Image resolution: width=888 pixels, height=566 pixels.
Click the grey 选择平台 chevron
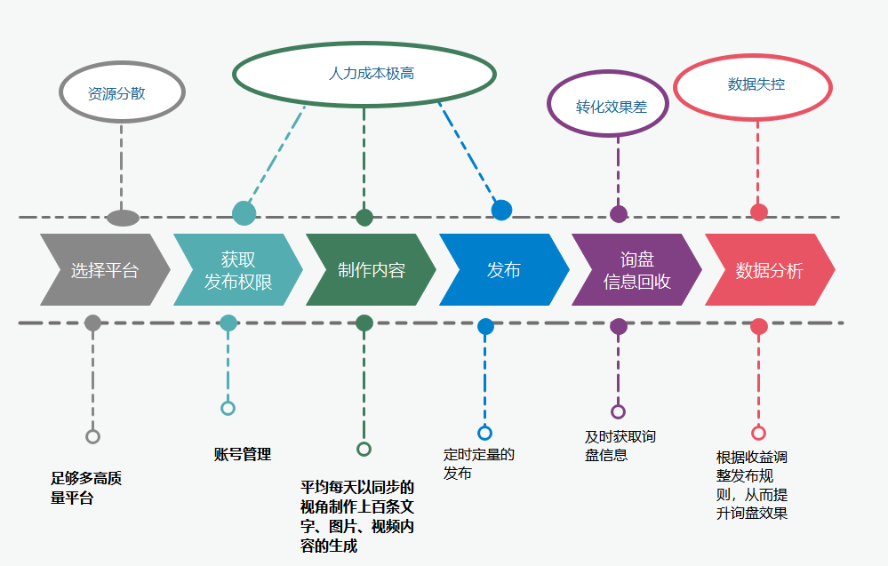click(x=105, y=270)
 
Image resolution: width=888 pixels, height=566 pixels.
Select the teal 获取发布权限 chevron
click(x=237, y=270)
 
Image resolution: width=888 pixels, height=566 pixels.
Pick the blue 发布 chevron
click(x=503, y=270)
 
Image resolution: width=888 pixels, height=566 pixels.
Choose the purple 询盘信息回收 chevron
click(x=636, y=270)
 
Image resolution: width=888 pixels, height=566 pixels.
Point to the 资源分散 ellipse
click(x=121, y=92)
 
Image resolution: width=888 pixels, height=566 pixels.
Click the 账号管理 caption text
click(x=242, y=455)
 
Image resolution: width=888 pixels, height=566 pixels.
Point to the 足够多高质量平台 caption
click(x=86, y=489)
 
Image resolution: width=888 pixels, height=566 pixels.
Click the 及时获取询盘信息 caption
click(x=620, y=446)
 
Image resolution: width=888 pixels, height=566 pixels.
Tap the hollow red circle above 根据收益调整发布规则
click(x=758, y=433)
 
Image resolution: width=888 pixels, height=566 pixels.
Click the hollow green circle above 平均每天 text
click(x=364, y=449)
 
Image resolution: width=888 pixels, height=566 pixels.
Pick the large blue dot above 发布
click(x=502, y=211)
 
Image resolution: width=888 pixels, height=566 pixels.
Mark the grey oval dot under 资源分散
click(x=123, y=218)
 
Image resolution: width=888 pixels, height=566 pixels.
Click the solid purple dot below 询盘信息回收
click(x=619, y=326)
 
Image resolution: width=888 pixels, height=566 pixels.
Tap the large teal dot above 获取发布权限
click(x=244, y=213)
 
